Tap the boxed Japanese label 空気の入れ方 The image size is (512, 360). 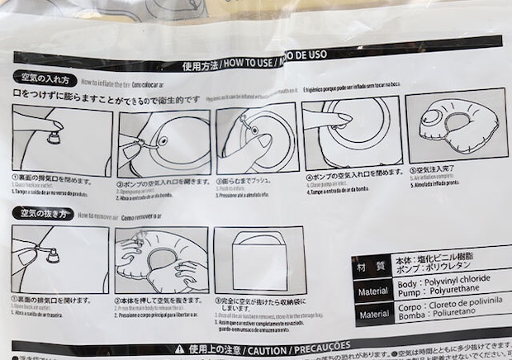click(x=46, y=80)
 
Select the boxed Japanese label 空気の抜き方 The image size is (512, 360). click(x=43, y=214)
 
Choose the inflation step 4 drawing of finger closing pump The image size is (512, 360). click(x=350, y=132)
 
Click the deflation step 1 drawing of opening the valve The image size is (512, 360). click(x=59, y=259)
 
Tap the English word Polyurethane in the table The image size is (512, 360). click(x=459, y=291)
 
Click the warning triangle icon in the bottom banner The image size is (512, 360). click(x=179, y=349)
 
